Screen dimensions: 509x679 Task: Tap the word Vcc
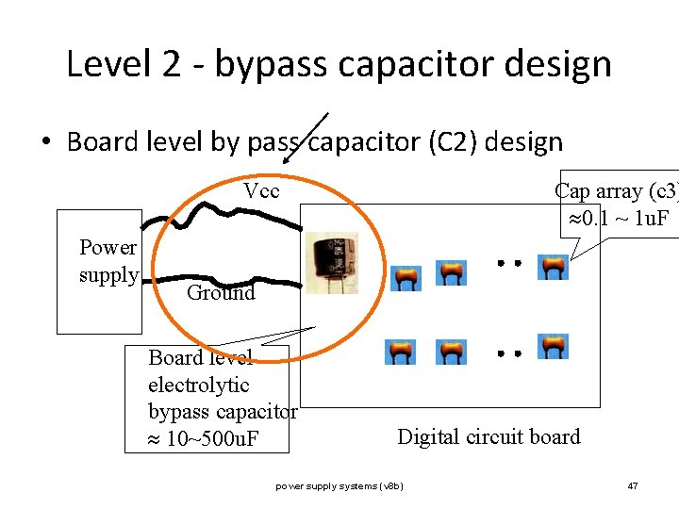[x=261, y=191]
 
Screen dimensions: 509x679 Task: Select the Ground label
[x=221, y=292]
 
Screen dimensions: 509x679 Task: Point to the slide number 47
[x=633, y=486]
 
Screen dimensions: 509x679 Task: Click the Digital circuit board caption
[x=489, y=436]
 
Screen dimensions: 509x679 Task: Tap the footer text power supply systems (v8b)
[x=339, y=486]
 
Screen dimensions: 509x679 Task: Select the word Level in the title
[x=107, y=65]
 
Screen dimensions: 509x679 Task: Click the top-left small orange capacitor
[x=406, y=276]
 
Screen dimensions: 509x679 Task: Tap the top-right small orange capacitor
[x=553, y=267]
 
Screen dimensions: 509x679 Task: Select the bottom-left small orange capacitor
[x=400, y=352]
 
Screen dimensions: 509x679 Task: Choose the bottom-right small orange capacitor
[x=553, y=346]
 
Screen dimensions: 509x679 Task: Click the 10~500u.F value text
[x=212, y=439]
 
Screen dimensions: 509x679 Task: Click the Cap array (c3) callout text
[x=616, y=191]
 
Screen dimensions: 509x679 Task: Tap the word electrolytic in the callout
[x=199, y=385]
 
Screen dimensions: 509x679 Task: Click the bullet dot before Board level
[x=45, y=144]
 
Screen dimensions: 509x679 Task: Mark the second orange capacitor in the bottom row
[x=451, y=352]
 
